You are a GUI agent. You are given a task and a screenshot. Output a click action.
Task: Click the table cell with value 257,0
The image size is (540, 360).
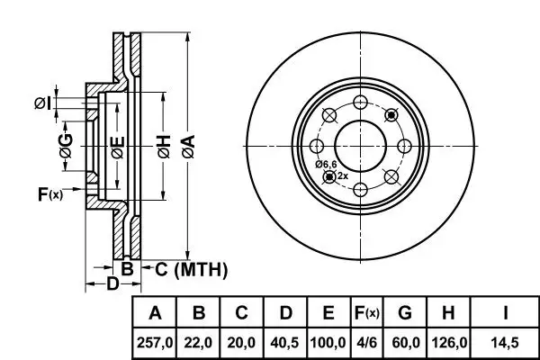pyautogui.click(x=154, y=343)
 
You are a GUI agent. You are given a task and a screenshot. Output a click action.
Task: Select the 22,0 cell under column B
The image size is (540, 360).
pyautogui.click(x=198, y=343)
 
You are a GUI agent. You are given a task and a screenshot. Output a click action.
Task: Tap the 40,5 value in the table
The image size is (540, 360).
pyautogui.click(x=285, y=343)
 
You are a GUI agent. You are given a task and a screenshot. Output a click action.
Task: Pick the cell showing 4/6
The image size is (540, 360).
pyautogui.click(x=367, y=343)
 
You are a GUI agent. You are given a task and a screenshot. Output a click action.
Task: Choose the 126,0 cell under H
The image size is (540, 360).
pyautogui.click(x=448, y=343)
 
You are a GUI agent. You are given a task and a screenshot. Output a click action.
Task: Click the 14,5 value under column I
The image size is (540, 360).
pyautogui.click(x=505, y=343)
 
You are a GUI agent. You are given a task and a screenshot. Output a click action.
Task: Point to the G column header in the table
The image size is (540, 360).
pyautogui.click(x=405, y=313)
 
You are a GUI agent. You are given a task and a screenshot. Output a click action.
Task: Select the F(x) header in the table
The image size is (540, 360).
pyautogui.click(x=367, y=313)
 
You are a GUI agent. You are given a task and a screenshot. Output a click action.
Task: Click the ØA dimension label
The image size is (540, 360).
pyautogui.click(x=189, y=147)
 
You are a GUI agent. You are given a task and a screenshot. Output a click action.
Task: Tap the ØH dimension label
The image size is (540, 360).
pyautogui.click(x=165, y=147)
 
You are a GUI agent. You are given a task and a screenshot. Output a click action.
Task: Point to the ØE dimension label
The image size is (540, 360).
pyautogui.click(x=118, y=148)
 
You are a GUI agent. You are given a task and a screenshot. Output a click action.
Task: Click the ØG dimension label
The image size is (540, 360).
pyautogui.click(x=66, y=146)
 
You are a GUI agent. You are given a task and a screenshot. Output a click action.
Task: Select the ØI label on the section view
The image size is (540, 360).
pyautogui.click(x=43, y=103)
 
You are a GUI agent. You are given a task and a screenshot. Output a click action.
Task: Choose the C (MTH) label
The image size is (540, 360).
pyautogui.click(x=191, y=269)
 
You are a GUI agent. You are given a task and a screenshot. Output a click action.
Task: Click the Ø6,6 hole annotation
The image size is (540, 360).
pyautogui.click(x=326, y=165)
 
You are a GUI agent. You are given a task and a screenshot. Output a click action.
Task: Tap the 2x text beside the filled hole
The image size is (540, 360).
pyautogui.click(x=343, y=176)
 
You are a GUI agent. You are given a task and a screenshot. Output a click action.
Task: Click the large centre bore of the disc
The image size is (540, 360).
pyautogui.click(x=361, y=146)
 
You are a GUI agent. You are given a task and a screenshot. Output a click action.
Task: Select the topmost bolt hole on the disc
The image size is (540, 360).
pyautogui.click(x=361, y=103)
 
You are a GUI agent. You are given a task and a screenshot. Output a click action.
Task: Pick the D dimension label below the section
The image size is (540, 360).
pyautogui.click(x=112, y=283)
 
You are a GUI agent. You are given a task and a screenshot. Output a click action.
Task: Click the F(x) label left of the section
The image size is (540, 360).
pyautogui.click(x=50, y=194)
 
